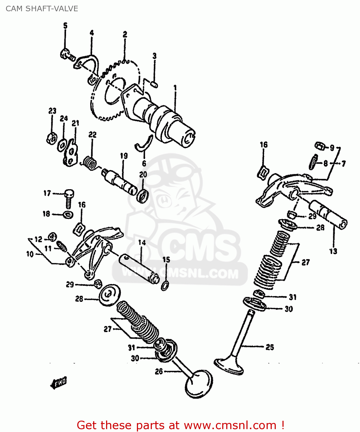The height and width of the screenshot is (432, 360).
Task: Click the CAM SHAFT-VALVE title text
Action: pos(42,9)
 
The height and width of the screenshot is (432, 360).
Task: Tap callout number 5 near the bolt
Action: pos(65,26)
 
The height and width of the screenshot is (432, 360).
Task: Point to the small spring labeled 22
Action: pos(90,163)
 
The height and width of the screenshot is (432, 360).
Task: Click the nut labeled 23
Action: pos(51,139)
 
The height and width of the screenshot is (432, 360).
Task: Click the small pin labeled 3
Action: pos(154,84)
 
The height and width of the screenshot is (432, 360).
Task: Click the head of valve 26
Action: pos(199,384)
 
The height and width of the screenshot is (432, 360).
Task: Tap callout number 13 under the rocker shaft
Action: pos(333,251)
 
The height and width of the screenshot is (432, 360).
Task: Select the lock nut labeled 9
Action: pos(319,146)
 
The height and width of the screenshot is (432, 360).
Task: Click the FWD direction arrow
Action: pos(59,383)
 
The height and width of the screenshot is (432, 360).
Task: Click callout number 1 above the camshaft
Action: pos(175,87)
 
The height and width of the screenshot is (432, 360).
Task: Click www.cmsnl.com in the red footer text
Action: pos(230,425)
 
